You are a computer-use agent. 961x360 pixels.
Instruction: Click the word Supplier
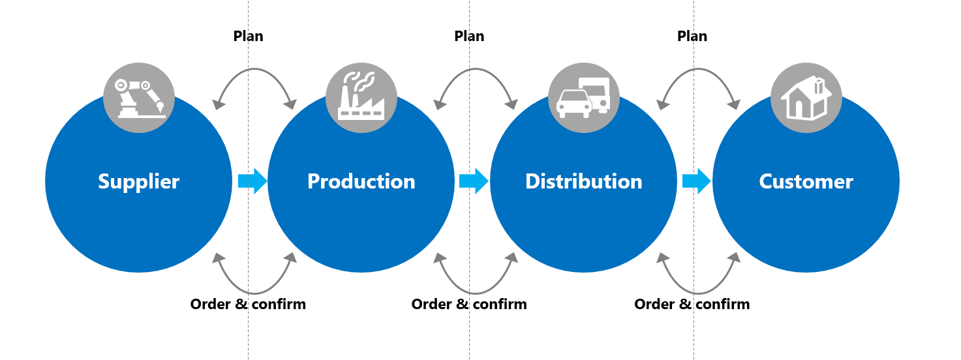click(x=138, y=181)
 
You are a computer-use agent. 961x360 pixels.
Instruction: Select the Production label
click(x=361, y=181)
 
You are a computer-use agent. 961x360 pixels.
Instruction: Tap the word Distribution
click(x=583, y=181)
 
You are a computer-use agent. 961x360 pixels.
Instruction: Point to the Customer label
click(x=806, y=181)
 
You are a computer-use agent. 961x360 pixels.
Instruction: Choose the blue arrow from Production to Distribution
click(x=473, y=181)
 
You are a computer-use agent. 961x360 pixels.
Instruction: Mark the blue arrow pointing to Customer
click(x=696, y=181)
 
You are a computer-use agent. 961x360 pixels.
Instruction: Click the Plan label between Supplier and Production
click(x=249, y=36)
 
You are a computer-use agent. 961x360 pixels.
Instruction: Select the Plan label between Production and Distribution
click(x=469, y=36)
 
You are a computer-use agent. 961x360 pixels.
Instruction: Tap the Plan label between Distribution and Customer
click(x=692, y=36)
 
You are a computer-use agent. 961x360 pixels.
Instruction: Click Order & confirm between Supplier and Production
click(x=248, y=304)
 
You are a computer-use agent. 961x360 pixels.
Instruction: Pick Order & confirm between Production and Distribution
click(x=469, y=304)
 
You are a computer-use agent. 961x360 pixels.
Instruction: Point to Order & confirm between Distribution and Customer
click(x=692, y=304)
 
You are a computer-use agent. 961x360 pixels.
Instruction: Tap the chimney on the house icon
click(x=819, y=85)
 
